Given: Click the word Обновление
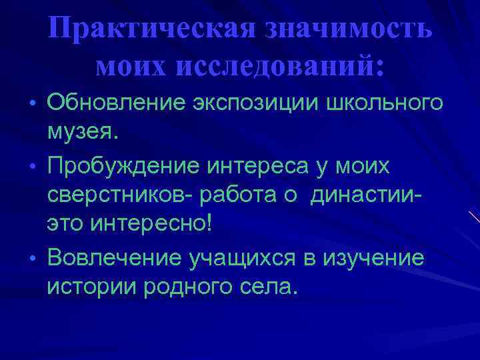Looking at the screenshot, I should coord(119,103).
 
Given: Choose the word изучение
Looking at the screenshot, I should coord(376,257).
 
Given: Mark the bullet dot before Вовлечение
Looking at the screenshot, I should coord(33,257).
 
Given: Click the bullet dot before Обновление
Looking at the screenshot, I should coord(33,104).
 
